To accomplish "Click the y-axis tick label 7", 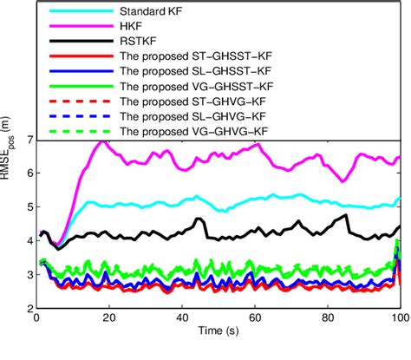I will click(x=29, y=139).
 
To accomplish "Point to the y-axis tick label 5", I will click(x=29, y=206).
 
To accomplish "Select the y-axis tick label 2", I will click(x=29, y=308).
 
